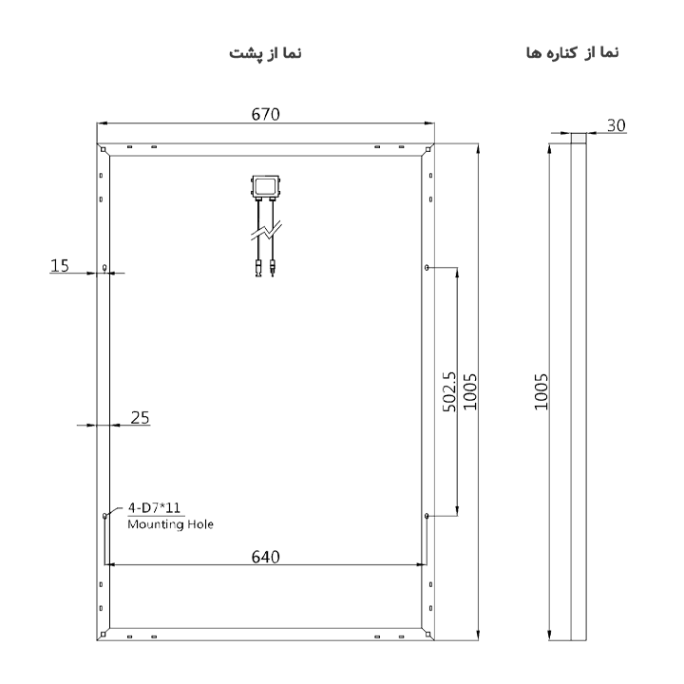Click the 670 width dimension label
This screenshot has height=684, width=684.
click(265, 114)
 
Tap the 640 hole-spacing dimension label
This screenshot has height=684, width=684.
click(265, 557)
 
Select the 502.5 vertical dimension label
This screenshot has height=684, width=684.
click(448, 391)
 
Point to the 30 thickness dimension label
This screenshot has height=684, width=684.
click(616, 125)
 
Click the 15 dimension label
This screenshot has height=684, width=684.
click(60, 266)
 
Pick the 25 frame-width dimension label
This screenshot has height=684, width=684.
click(140, 418)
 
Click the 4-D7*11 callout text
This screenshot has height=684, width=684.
click(154, 507)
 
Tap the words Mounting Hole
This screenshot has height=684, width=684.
click(171, 523)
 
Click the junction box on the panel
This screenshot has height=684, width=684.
click(265, 187)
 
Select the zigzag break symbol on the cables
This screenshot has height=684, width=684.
click(266, 230)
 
